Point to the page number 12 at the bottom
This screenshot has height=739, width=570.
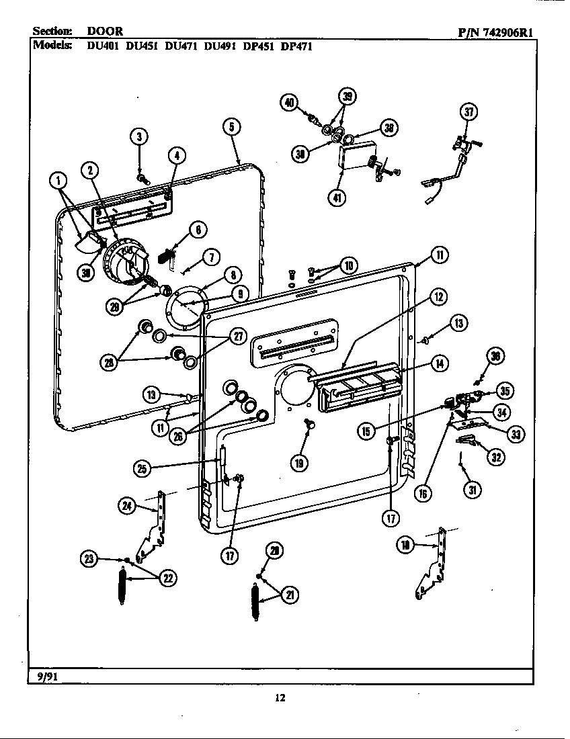tap(280, 698)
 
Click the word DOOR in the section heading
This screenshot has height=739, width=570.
tap(104, 32)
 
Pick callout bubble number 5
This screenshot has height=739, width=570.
tap(231, 126)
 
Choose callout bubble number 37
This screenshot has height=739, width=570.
tap(469, 112)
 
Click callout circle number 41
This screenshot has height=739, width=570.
tap(337, 198)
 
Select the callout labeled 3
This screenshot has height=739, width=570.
tap(138, 136)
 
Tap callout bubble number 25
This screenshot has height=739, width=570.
tap(142, 468)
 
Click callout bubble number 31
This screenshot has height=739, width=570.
tap(473, 490)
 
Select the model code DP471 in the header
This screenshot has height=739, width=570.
tap(296, 47)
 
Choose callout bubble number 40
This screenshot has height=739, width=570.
tap(288, 102)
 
